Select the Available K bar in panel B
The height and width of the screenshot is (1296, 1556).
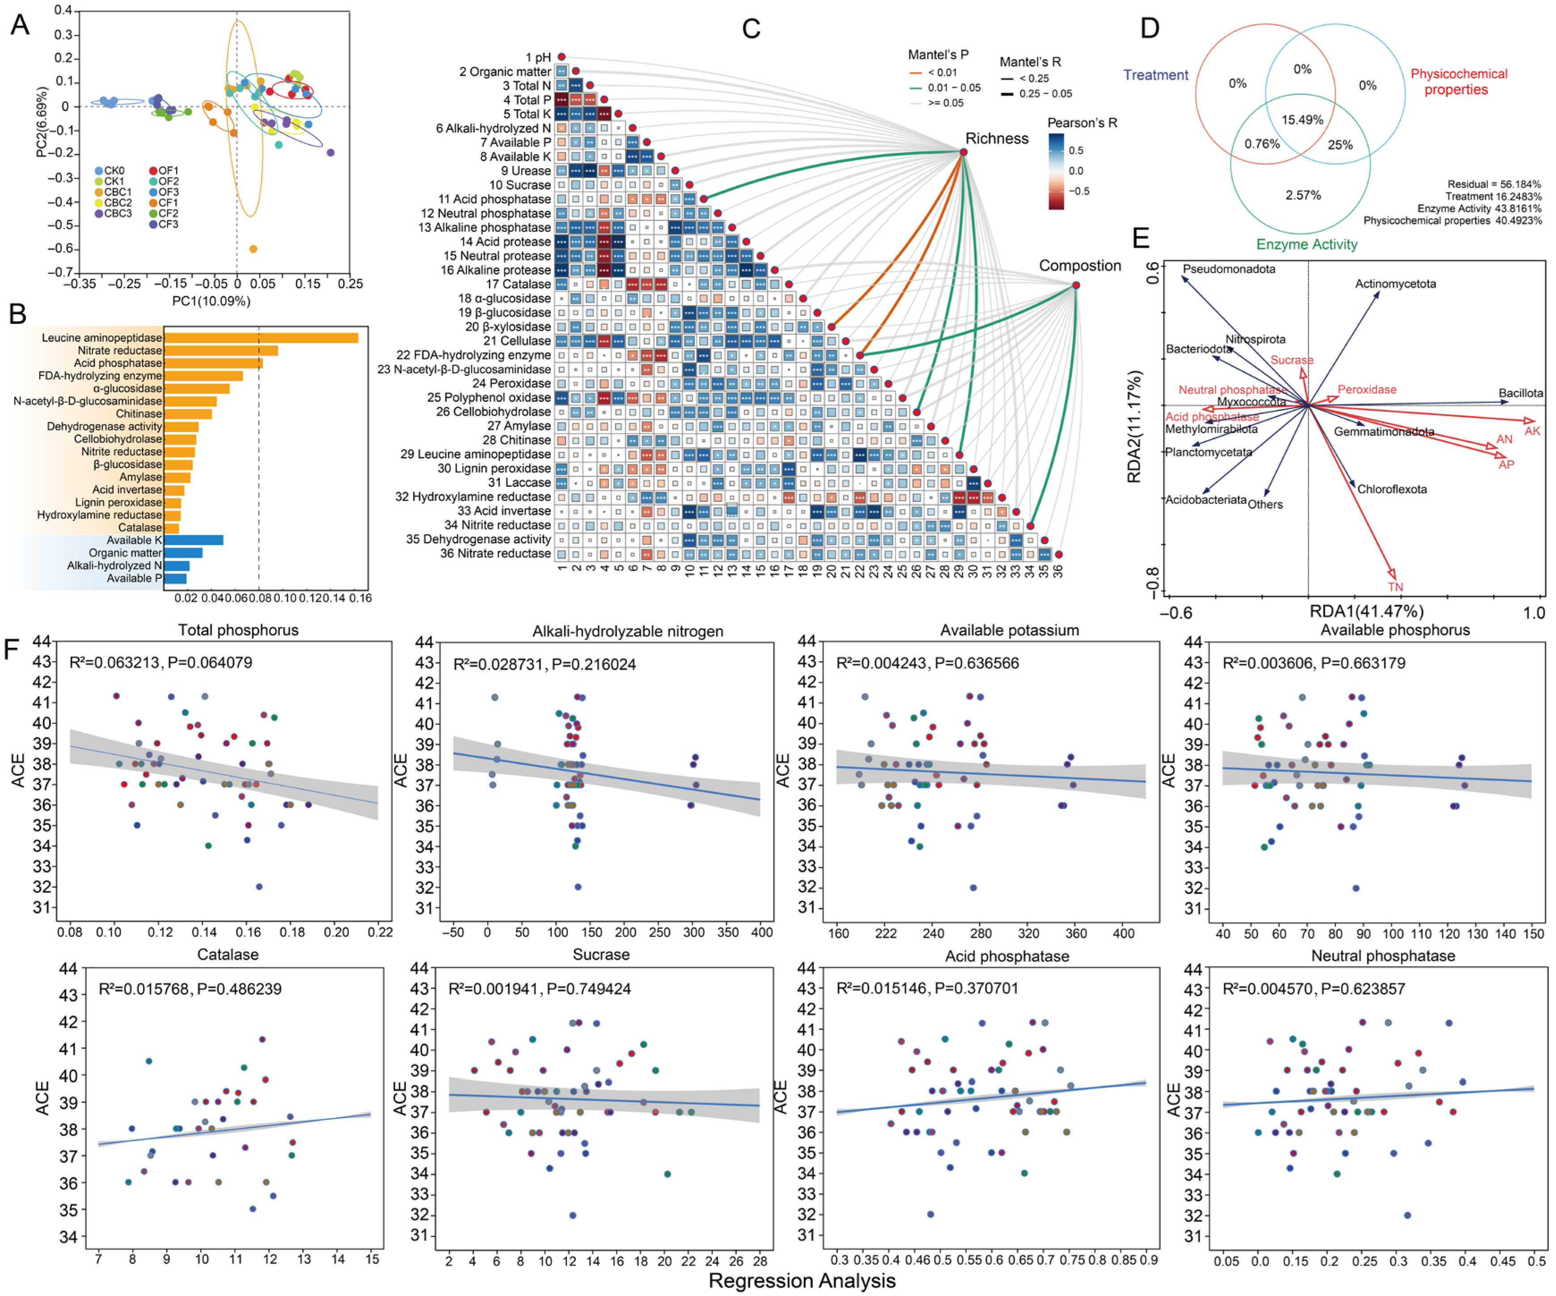point(194,540)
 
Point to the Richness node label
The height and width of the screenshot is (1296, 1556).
point(997,139)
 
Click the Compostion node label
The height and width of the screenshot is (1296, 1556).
point(1079,265)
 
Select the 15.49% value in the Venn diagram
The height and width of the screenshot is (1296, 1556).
point(1302,120)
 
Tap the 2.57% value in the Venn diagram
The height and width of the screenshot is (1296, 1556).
point(1302,195)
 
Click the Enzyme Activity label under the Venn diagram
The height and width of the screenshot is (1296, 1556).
point(1307,245)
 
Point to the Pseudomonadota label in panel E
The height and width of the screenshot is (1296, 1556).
point(1229,269)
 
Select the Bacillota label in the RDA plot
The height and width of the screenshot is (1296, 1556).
point(1520,393)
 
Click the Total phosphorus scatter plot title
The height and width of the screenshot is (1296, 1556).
point(238,630)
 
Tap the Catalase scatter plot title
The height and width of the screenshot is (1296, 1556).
point(228,955)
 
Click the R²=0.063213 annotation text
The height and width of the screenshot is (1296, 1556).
point(160,662)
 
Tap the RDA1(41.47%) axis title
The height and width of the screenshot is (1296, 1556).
point(1366,611)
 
